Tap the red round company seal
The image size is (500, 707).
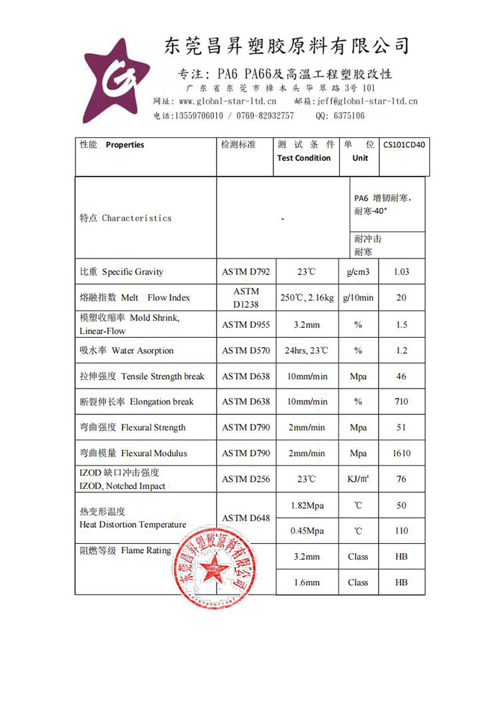coord(216,567)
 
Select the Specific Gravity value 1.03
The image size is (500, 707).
coord(401,272)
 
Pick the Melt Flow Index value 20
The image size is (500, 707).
coord(401,298)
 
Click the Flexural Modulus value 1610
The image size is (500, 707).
coord(401,453)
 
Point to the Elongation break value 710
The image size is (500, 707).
coord(401,402)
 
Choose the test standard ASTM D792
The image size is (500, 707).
coord(246,272)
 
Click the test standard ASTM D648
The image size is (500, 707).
coord(246,518)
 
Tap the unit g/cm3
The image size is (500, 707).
coord(358,272)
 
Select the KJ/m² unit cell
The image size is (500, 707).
coord(358,479)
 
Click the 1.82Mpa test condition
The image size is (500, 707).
coord(307,506)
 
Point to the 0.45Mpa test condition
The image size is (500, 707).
coord(307,531)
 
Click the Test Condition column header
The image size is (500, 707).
coord(304,158)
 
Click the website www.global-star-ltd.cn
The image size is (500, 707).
coord(227,101)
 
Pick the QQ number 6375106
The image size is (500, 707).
coord(348,115)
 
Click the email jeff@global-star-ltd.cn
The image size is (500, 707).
coord(365,101)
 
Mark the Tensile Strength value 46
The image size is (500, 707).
coord(401,376)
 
